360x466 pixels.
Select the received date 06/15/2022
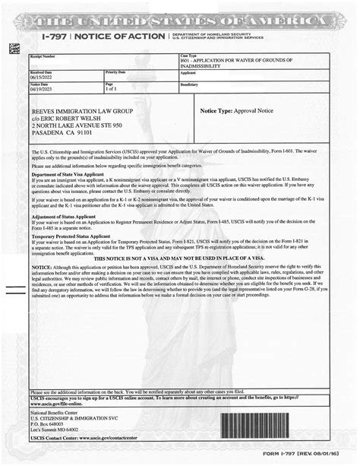(x=43, y=78)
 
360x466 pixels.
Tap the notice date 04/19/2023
(x=43, y=89)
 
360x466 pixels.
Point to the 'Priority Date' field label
(x=115, y=71)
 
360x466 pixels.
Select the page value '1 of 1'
(x=110, y=89)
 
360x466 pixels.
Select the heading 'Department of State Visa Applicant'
(x=67, y=174)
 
